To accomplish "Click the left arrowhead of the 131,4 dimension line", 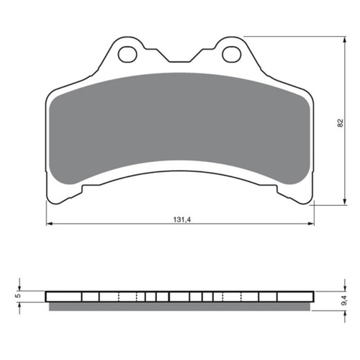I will pos(50,225).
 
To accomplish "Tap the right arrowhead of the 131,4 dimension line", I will pos(310,225).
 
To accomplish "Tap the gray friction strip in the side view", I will pos(180,306).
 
